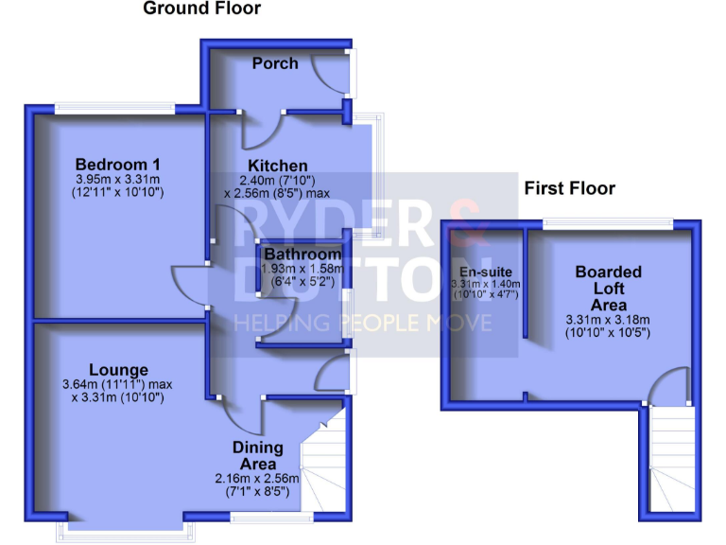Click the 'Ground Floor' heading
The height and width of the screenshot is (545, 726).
point(201,9)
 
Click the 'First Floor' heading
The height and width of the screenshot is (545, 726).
point(569,188)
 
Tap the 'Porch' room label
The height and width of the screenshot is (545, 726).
point(275,63)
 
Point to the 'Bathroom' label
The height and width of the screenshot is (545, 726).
point(302,255)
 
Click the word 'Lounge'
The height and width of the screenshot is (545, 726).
point(119,369)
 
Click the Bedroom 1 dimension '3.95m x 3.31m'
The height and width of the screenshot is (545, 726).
point(118,178)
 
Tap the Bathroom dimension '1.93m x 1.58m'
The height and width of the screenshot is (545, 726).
point(302,269)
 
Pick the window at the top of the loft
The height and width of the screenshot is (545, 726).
point(608,223)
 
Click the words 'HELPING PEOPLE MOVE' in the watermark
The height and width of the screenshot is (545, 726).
point(363,324)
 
